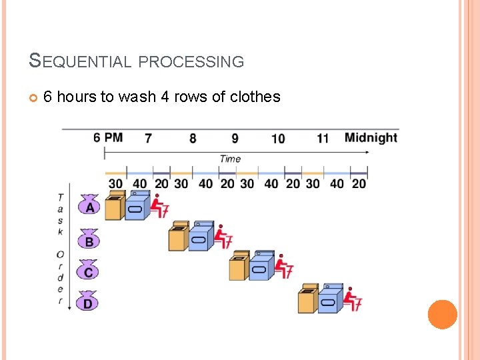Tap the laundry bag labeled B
(x=89, y=239)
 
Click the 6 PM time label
(x=108, y=137)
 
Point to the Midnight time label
(x=371, y=138)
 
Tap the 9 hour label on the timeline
(x=235, y=138)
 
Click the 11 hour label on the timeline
(x=323, y=139)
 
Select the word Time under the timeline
(x=230, y=159)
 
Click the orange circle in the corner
(x=442, y=314)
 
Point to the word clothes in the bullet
(x=255, y=97)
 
